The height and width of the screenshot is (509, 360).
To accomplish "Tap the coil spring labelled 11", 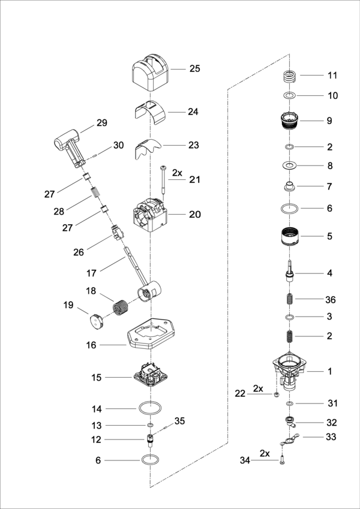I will coord(290,77).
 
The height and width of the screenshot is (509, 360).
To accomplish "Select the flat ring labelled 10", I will coord(290,95).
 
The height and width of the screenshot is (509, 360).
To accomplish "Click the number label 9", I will coord(329,121).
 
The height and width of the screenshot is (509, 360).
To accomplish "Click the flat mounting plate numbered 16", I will coord(150,336).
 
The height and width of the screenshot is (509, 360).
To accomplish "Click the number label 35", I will coord(180,421).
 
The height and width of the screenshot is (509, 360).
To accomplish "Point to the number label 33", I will coord(331,437).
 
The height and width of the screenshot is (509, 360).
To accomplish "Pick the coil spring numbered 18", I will coord(123,308).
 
